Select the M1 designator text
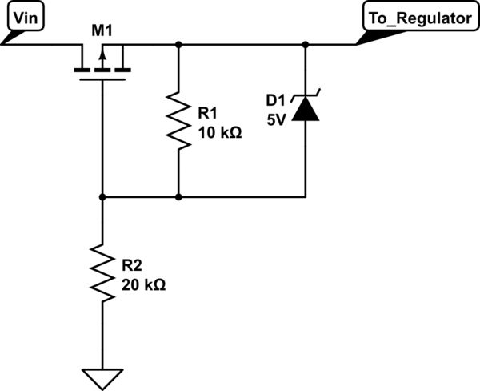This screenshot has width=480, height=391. tap(102, 31)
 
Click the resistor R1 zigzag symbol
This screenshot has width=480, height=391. tap(178, 120)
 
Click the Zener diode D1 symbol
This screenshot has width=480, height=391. tap(306, 108)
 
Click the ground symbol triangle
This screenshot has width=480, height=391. tap(102, 376)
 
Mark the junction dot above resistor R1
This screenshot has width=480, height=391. tap(178, 45)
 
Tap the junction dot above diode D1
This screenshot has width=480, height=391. tap(306, 45)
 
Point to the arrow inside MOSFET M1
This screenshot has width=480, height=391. tap(102, 56)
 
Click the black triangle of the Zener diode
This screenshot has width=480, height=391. tap(306, 111)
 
